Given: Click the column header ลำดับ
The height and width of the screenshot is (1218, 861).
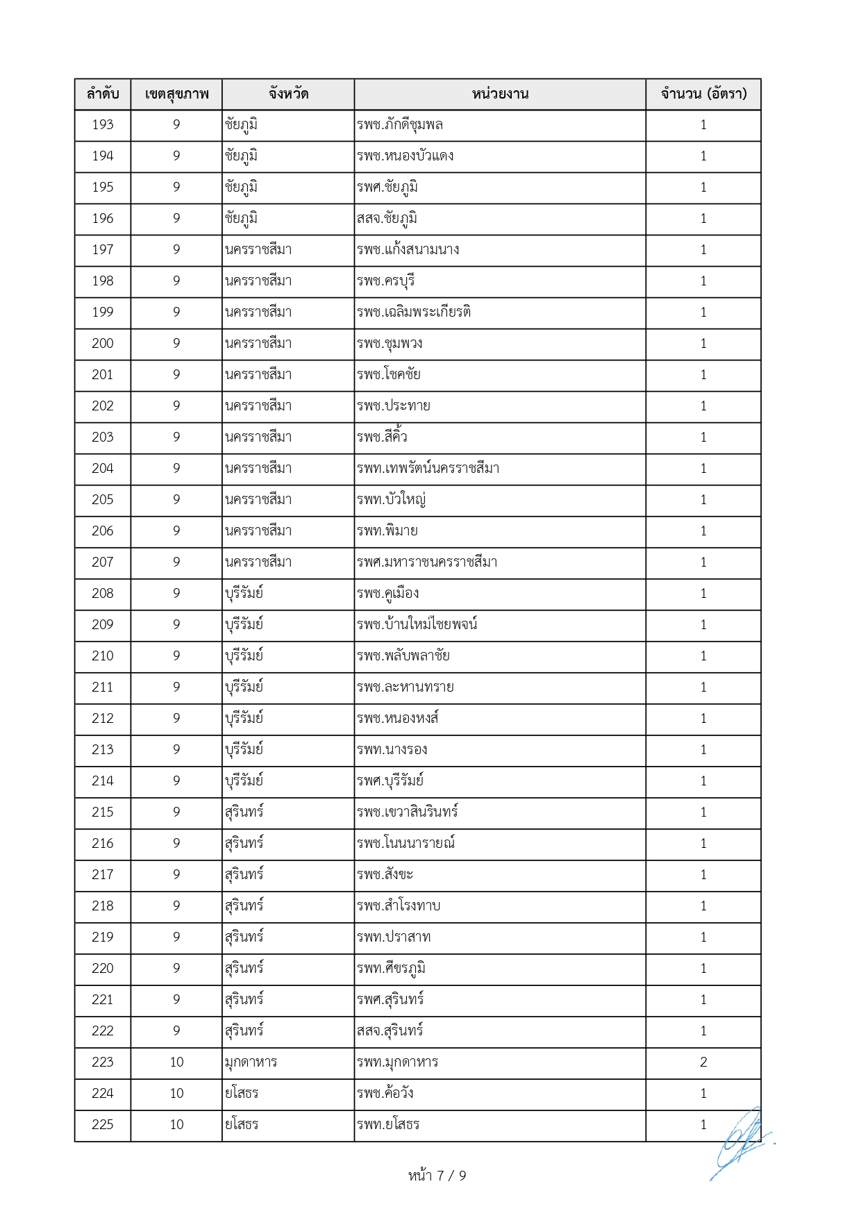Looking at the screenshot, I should tap(103, 94).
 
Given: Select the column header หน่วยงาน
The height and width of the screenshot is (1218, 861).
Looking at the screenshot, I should tap(500, 94).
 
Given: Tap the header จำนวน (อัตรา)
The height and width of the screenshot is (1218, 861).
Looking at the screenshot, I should tap(703, 94).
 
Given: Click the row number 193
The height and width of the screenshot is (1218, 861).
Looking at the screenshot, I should tap(103, 125).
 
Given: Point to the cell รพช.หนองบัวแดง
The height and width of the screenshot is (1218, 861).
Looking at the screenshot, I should tap(406, 156).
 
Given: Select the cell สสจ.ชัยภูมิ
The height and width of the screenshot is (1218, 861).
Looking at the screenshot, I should tap(387, 219).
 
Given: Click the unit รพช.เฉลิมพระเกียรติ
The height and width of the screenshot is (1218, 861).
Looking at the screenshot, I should tap(414, 312).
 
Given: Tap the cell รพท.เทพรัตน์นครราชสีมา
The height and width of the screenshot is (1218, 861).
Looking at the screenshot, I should tap(428, 469).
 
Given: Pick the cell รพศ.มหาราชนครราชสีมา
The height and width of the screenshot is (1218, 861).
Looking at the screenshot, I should tap(427, 562).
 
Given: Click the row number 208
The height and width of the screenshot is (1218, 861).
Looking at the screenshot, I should tap(103, 594).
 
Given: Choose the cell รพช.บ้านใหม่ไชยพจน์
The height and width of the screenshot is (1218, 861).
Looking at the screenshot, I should tap(417, 625).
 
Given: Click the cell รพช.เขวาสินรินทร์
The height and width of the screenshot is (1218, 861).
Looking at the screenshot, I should tap(408, 812).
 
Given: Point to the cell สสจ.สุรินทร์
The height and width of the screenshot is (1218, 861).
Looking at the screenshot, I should tap(390, 1031).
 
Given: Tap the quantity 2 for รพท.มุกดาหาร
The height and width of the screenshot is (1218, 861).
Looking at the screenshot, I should tap(703, 1062).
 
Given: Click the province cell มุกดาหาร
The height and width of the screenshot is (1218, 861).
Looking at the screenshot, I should tap(251, 1062).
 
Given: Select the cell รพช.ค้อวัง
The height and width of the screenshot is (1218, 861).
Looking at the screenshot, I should tap(385, 1094).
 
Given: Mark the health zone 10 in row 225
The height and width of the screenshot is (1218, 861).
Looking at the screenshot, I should tap(176, 1125).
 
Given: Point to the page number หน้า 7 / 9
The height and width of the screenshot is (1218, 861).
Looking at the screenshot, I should tap(437, 1176).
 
